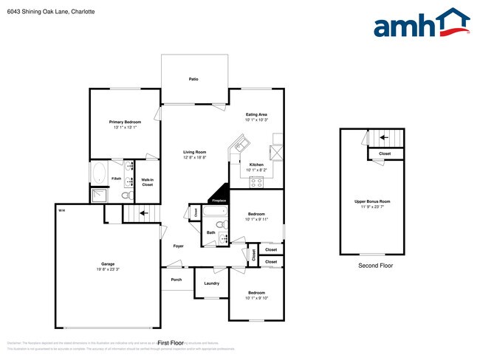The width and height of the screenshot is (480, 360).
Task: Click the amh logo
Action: click(x=421, y=24)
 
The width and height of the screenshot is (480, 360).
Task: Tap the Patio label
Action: click(x=193, y=79)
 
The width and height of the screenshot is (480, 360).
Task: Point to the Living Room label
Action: click(x=195, y=153)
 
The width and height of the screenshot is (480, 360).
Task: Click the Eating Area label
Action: click(x=256, y=115)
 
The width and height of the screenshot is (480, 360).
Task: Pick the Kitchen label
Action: click(x=256, y=165)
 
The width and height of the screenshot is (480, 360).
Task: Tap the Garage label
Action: click(x=108, y=263)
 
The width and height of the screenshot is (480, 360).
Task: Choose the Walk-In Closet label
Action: click(x=147, y=182)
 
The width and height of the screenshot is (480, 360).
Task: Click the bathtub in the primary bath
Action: click(x=99, y=174)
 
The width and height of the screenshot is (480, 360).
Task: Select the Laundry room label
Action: click(x=211, y=283)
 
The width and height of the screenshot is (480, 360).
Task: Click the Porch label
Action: click(x=176, y=279)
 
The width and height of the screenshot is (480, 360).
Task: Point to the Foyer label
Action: click(x=178, y=246)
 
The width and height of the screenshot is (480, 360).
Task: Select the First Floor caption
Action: click(x=171, y=342)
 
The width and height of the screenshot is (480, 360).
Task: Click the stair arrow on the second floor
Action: click(x=383, y=136)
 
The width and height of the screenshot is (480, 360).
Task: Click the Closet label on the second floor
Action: click(x=385, y=153)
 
